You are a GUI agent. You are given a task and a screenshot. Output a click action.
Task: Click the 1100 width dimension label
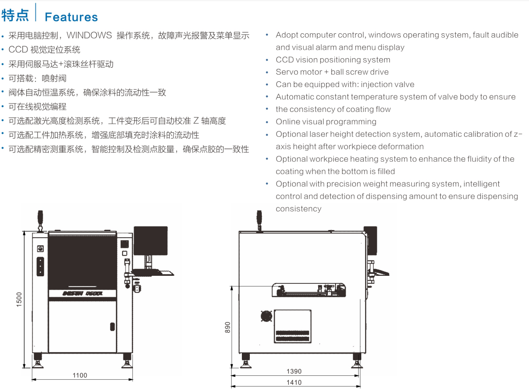point(80,375)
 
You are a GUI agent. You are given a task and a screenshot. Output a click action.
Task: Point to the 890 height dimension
point(228,327)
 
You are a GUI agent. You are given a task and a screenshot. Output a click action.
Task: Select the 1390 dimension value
point(294,371)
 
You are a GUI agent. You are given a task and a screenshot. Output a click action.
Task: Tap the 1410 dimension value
point(294,382)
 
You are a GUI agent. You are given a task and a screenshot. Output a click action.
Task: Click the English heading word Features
point(71,17)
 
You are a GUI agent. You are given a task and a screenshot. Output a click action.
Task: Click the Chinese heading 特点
point(15,16)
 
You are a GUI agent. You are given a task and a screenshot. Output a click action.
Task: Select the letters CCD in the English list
point(283,60)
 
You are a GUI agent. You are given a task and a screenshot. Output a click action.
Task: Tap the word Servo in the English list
point(286,72)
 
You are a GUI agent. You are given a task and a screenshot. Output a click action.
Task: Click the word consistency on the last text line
point(298,209)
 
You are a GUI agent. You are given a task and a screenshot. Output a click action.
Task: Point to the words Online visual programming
point(326,122)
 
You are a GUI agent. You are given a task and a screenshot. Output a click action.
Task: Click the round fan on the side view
point(266,316)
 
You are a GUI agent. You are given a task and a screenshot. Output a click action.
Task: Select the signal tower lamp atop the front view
point(40,219)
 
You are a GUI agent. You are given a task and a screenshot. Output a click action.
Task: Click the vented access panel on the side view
point(292,326)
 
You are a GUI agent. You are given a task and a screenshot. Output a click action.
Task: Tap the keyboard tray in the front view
point(154,271)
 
